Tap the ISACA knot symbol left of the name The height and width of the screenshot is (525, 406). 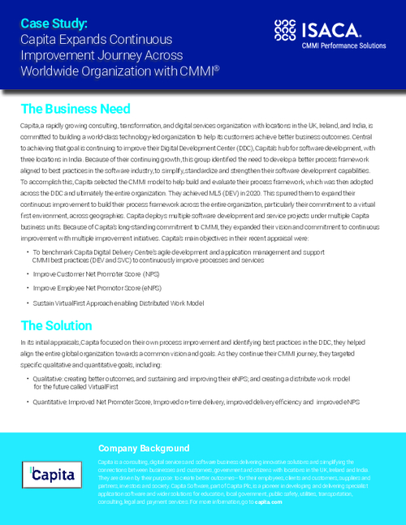(288, 32)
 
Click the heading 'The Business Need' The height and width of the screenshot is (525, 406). (75, 109)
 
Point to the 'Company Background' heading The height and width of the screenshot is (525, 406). (143, 448)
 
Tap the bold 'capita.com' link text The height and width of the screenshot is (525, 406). (270, 502)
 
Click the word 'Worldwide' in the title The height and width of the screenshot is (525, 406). (51, 71)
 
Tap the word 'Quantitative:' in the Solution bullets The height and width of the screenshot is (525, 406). (52, 401)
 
